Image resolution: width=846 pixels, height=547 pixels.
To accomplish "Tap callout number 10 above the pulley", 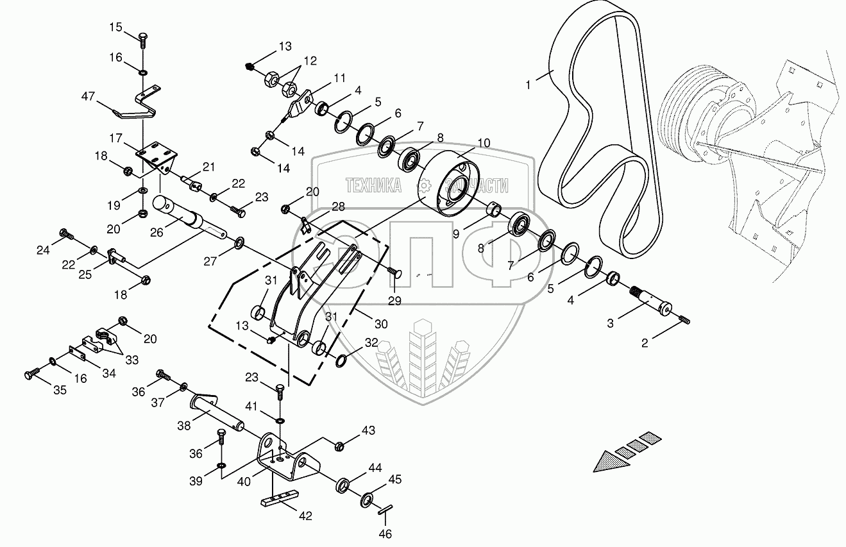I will [x=483, y=142].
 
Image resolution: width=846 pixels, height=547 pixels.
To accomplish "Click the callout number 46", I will [x=385, y=534].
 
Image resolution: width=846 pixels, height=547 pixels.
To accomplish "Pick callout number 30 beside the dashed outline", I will [x=380, y=324].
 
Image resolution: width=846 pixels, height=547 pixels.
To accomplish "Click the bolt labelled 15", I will [x=142, y=38].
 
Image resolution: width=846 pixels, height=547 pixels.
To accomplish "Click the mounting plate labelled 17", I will [x=156, y=154].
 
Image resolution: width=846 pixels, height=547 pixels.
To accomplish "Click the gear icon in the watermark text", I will [x=423, y=186].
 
